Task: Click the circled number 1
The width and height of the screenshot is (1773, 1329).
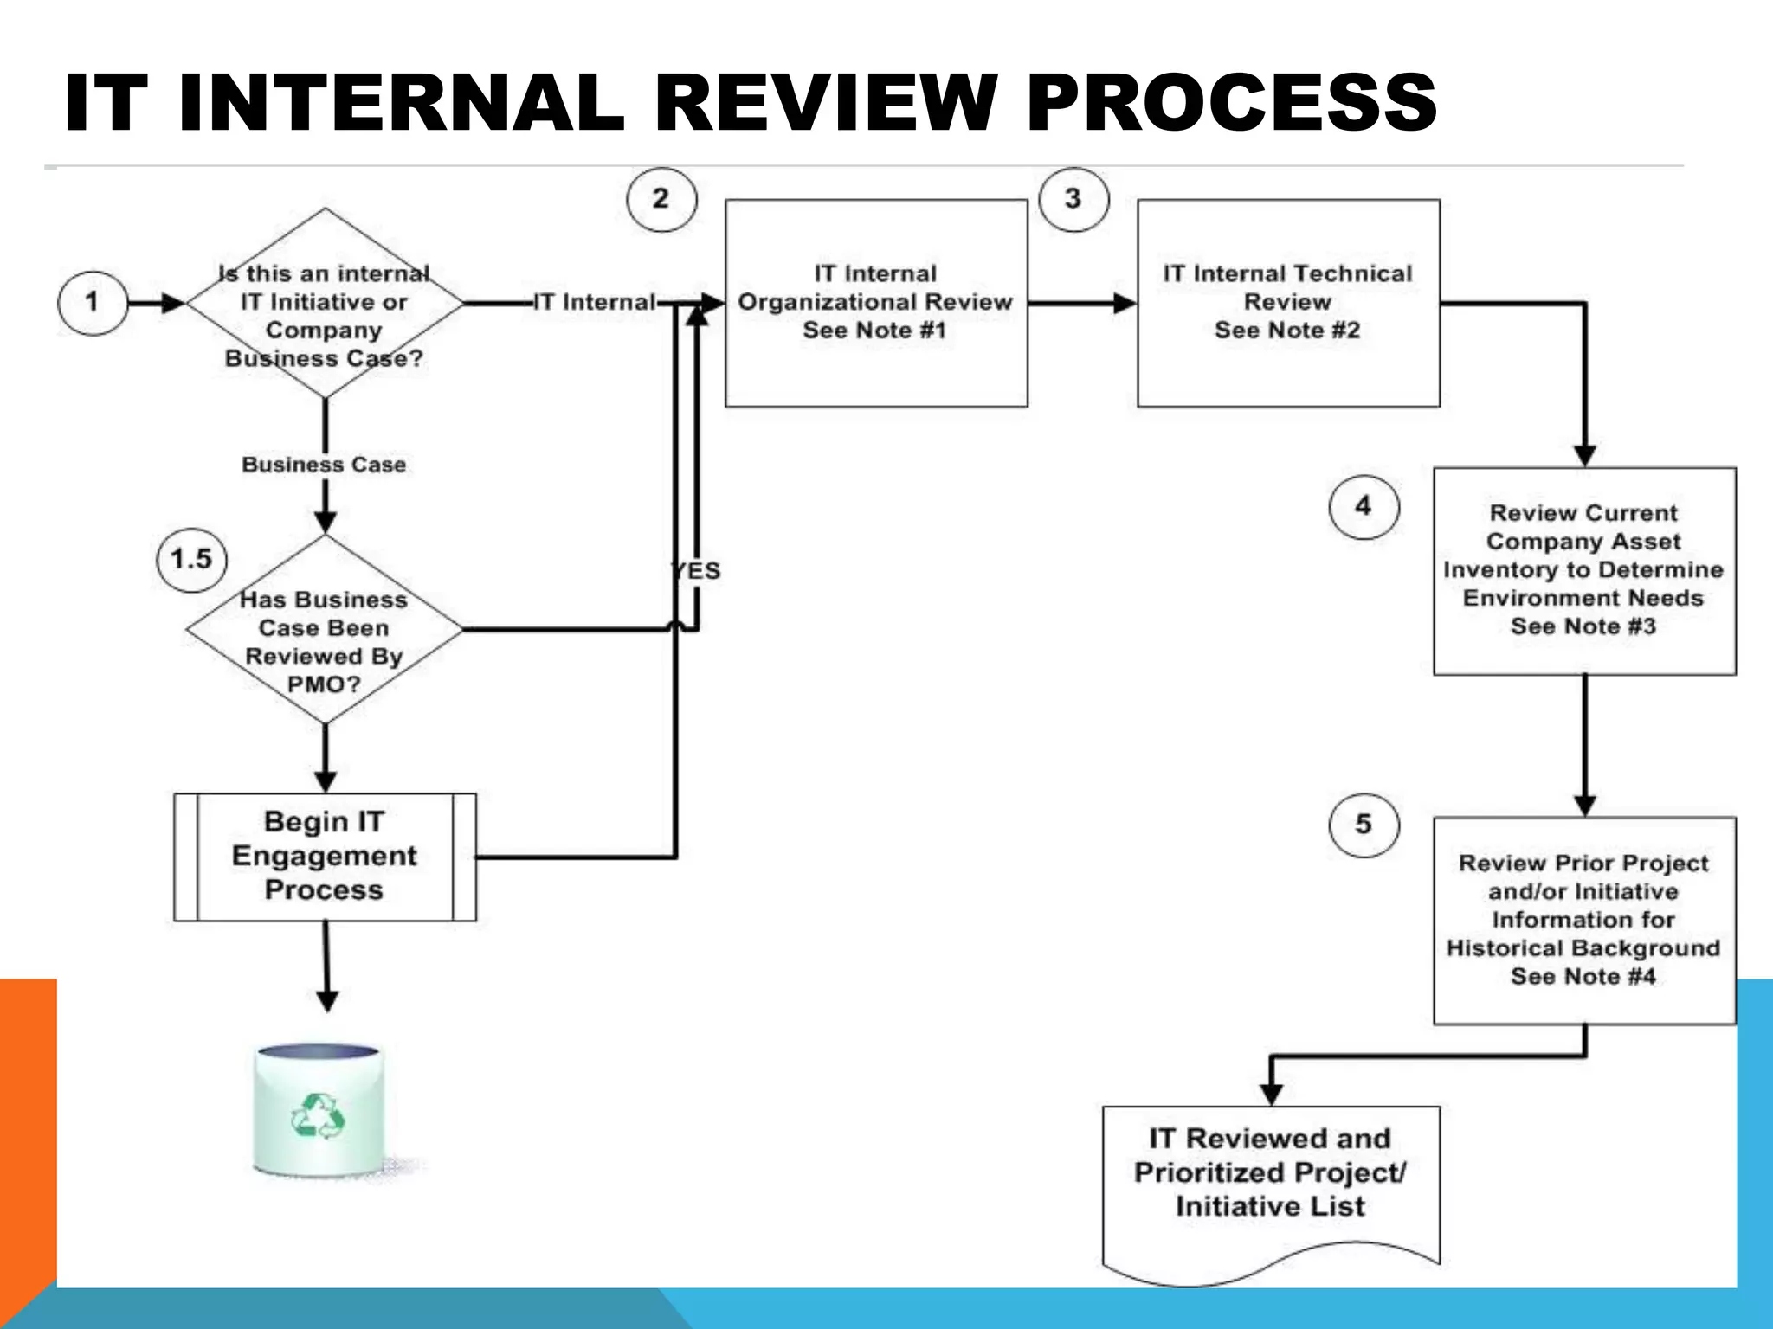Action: click(x=92, y=303)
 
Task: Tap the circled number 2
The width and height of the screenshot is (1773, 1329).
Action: click(x=661, y=199)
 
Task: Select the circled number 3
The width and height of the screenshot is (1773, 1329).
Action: click(x=1073, y=199)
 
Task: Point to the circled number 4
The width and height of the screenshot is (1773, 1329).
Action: click(x=1364, y=507)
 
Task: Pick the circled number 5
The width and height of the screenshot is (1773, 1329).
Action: click(x=1364, y=825)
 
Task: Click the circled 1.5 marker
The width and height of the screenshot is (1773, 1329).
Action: click(x=191, y=560)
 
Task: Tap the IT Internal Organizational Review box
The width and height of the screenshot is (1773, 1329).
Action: click(x=876, y=303)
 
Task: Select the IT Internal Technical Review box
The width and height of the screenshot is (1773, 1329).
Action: click(x=1288, y=303)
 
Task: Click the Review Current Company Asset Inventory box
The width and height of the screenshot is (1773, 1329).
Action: click(x=1584, y=571)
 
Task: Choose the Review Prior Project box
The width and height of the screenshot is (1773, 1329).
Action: click(x=1584, y=921)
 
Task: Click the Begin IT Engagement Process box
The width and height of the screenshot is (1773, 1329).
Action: click(x=325, y=857)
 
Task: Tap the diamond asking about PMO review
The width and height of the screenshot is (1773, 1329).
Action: click(x=325, y=630)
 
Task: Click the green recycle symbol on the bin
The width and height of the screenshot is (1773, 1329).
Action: click(x=317, y=1116)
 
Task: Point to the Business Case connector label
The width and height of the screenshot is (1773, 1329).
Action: click(x=324, y=465)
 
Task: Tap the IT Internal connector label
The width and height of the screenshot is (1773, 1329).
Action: click(x=594, y=303)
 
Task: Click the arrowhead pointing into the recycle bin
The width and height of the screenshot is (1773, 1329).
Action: click(x=327, y=1002)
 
